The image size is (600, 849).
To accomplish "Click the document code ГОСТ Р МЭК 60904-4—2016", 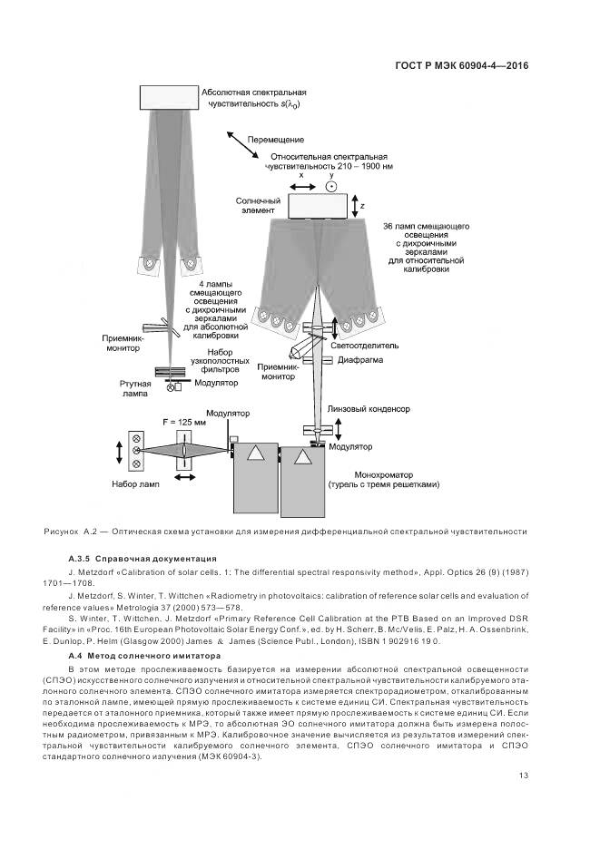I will point(462,65).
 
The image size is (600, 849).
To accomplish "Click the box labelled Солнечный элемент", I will point(320,206).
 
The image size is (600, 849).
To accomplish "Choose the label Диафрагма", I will point(359,360).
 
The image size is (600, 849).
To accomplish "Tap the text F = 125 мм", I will point(181,422).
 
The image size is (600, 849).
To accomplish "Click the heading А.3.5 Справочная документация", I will point(143,558).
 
